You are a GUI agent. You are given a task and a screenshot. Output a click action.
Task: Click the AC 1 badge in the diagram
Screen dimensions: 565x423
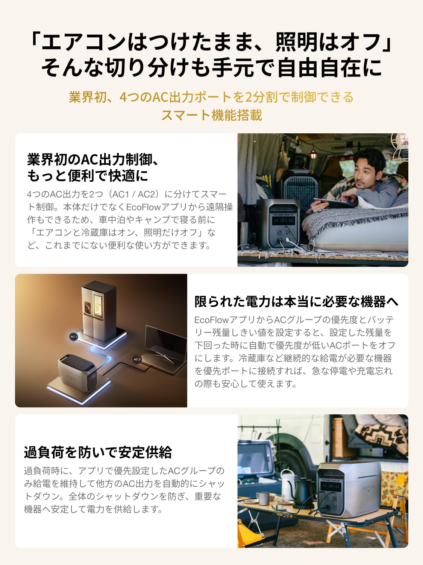74,336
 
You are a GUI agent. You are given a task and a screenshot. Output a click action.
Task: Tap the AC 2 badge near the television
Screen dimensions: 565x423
137,359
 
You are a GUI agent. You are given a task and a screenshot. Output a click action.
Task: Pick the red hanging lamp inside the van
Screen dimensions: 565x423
313,153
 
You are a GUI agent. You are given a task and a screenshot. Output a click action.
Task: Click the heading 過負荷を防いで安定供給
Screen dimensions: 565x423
98,452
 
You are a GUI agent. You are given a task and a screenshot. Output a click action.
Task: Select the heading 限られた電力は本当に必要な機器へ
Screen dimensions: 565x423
296,302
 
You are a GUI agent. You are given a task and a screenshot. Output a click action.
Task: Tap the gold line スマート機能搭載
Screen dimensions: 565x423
211,115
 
